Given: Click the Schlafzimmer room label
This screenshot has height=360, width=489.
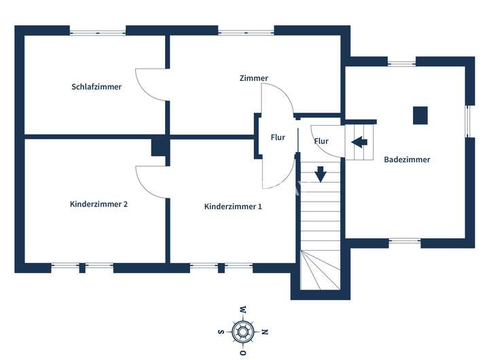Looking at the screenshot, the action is (x=96, y=87).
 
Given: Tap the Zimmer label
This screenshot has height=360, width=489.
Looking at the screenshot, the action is (x=253, y=78).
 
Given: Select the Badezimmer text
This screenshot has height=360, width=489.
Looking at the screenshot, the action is (x=407, y=160).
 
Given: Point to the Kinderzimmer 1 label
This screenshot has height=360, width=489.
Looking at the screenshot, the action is (x=233, y=206).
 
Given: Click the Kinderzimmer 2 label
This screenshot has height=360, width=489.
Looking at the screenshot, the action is (x=98, y=204).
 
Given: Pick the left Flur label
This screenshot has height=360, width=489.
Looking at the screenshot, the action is (x=278, y=137).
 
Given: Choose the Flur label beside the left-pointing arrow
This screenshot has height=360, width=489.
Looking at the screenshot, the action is (x=321, y=141).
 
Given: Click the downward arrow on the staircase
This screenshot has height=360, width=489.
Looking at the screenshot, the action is (x=321, y=174).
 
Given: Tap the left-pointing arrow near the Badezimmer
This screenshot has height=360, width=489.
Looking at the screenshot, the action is (x=359, y=142).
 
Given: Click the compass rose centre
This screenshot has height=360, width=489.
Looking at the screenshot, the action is (x=242, y=332).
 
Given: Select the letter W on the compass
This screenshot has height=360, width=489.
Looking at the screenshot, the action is (x=242, y=311).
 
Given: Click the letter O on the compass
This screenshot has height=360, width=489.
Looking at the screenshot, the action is (x=242, y=353).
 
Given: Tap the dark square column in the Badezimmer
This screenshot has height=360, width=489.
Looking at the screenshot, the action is (x=421, y=115).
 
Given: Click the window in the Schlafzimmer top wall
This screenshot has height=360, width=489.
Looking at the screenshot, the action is (x=98, y=31).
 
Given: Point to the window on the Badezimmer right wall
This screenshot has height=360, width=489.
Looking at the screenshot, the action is (x=468, y=121).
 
